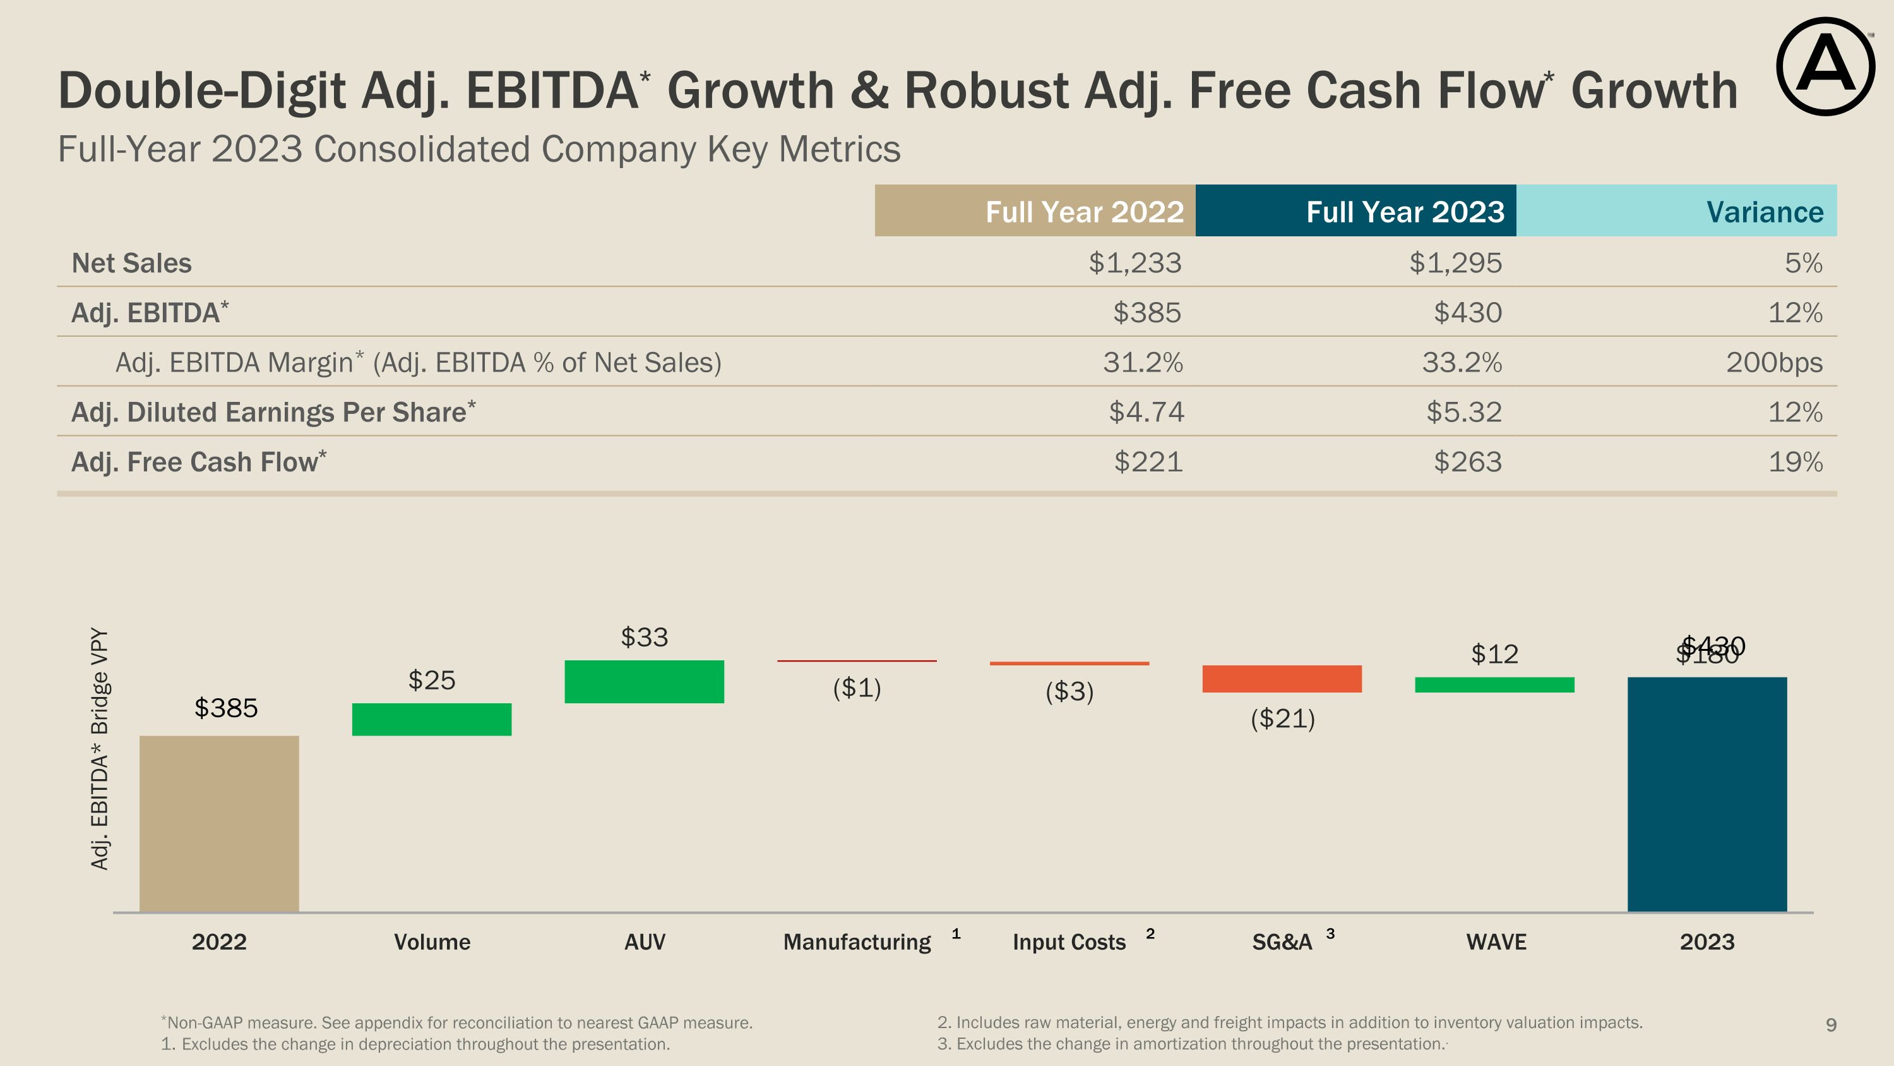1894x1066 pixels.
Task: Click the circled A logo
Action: pyautogui.click(x=1825, y=66)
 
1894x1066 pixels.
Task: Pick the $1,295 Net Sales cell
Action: pyautogui.click(x=1455, y=263)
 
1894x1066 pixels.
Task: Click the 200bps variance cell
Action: pyautogui.click(x=1773, y=363)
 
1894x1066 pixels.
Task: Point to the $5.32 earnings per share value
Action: pyautogui.click(x=1463, y=412)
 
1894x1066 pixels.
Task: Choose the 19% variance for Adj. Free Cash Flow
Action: pyautogui.click(x=1795, y=462)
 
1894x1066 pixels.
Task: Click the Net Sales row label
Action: pyautogui.click(x=131, y=263)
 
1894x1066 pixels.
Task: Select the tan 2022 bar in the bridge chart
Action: pyautogui.click(x=219, y=823)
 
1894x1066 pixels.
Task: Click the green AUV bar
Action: pyautogui.click(x=644, y=681)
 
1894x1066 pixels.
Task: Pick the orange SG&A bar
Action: pyautogui.click(x=1282, y=678)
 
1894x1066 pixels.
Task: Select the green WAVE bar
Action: pyautogui.click(x=1494, y=685)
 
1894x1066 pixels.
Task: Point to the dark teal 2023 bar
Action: pyautogui.click(x=1706, y=794)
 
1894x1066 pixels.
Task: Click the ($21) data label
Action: pyautogui.click(x=1282, y=718)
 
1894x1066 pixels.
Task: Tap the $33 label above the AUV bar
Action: pyautogui.click(x=644, y=637)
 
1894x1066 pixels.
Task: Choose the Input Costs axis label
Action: pyautogui.click(x=1069, y=942)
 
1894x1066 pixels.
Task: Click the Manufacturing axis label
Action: pyautogui.click(x=857, y=942)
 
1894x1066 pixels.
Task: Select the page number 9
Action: pyautogui.click(x=1831, y=1025)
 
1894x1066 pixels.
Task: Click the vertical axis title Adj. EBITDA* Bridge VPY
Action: pyautogui.click(x=100, y=748)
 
